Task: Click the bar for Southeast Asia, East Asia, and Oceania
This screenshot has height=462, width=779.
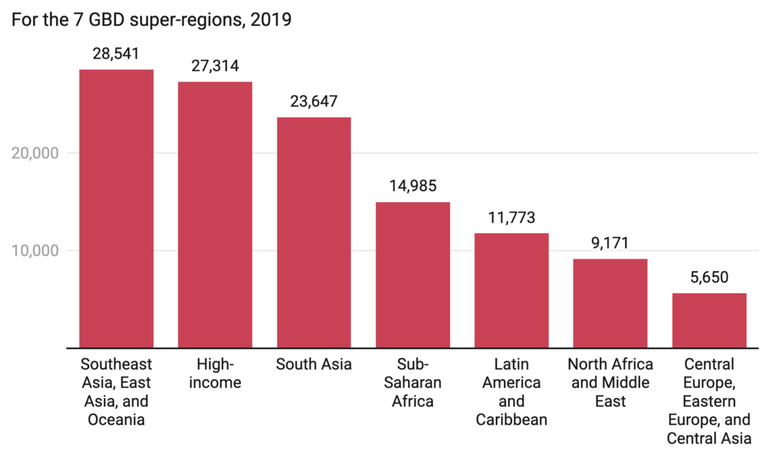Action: tap(116, 208)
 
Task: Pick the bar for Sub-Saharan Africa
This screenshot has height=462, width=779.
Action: tap(413, 275)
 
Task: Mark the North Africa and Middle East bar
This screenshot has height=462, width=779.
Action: tap(610, 303)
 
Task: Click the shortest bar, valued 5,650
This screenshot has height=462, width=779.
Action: tap(709, 320)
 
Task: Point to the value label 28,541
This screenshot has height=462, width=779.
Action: tap(116, 54)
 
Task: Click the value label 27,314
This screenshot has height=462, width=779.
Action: tap(215, 66)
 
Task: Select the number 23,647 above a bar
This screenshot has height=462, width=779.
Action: tap(314, 102)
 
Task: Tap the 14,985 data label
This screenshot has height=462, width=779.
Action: tap(413, 186)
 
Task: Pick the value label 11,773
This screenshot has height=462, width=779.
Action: tap(511, 218)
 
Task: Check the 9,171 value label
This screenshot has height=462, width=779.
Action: tap(610, 243)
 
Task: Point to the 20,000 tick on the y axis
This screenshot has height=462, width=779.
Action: tap(35, 153)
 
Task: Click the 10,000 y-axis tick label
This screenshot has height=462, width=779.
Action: tap(35, 250)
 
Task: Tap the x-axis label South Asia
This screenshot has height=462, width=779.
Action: tap(314, 364)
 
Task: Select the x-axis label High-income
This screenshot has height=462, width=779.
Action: tap(215, 373)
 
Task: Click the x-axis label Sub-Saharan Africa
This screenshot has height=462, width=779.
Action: tap(413, 382)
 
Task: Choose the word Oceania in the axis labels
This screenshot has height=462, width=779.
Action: tap(116, 420)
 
